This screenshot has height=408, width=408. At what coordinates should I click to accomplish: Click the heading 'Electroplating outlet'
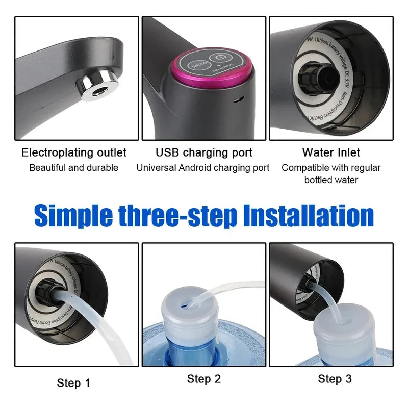pos(74,152)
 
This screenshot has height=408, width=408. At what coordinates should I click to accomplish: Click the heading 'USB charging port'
pos(204,152)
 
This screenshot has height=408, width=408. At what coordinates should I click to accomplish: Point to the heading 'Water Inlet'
pos(331,152)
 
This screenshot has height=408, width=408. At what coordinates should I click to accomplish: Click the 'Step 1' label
pos(73,382)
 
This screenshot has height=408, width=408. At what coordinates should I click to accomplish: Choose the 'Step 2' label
pos(204,378)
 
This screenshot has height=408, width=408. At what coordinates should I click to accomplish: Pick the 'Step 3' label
pos(335,378)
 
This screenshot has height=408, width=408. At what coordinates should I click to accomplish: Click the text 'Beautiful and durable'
pos(74,168)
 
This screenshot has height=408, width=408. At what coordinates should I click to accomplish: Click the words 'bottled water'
pos(331,180)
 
